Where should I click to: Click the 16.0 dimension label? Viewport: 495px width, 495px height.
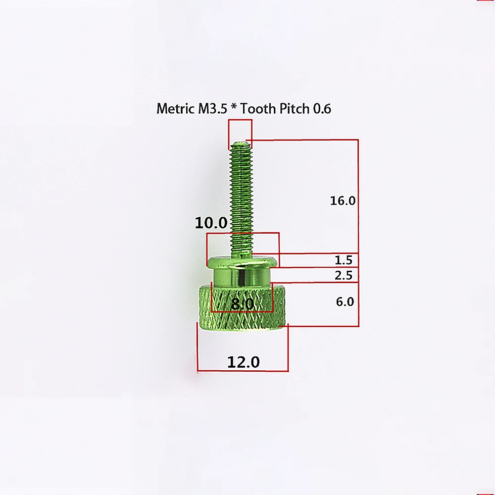(x=343, y=201)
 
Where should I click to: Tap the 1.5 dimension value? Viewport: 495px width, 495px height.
(x=344, y=260)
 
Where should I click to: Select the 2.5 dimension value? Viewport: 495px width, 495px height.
(x=344, y=275)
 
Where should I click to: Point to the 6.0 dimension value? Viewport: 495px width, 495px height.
(x=345, y=302)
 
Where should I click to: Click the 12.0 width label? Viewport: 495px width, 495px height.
(x=244, y=362)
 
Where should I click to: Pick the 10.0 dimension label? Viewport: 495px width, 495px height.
(x=211, y=223)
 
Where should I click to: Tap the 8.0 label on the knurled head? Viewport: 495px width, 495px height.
(x=243, y=304)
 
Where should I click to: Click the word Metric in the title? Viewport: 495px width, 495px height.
(x=175, y=108)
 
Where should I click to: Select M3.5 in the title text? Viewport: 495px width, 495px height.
(x=212, y=108)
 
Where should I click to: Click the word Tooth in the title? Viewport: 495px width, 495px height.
(x=258, y=108)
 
